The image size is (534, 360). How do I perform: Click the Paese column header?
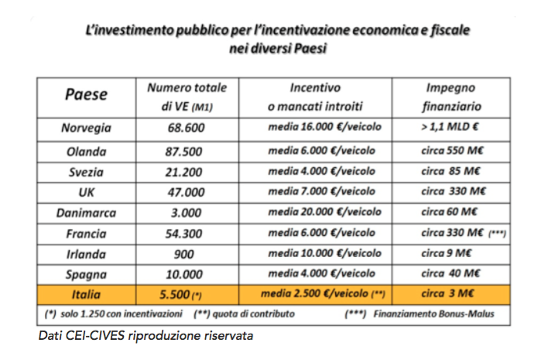(x=86, y=94)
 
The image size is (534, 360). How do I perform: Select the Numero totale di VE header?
(x=187, y=97)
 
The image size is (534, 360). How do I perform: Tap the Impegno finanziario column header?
(x=451, y=97)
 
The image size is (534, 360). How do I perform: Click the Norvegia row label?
(x=86, y=128)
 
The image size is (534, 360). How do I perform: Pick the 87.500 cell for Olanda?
(x=184, y=152)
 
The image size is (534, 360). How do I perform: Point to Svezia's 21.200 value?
(x=184, y=172)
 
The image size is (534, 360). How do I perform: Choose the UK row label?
(x=86, y=193)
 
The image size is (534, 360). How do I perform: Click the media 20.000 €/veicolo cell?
(x=324, y=212)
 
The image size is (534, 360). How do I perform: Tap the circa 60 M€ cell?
(x=449, y=212)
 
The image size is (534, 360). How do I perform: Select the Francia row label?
(x=86, y=234)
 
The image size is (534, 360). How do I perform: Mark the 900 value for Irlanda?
(x=184, y=254)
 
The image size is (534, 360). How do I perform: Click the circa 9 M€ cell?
(x=446, y=253)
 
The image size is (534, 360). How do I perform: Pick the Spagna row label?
(x=86, y=275)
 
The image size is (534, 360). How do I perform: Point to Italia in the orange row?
(x=86, y=294)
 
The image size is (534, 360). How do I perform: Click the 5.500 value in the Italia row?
(x=174, y=295)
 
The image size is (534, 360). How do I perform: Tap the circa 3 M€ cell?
(x=447, y=293)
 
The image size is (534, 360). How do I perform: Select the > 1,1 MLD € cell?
(x=450, y=127)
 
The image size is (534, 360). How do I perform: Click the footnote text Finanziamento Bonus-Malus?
(x=433, y=314)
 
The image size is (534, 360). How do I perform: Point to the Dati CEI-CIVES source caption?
(x=145, y=336)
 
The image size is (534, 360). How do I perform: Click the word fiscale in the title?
(x=450, y=30)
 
